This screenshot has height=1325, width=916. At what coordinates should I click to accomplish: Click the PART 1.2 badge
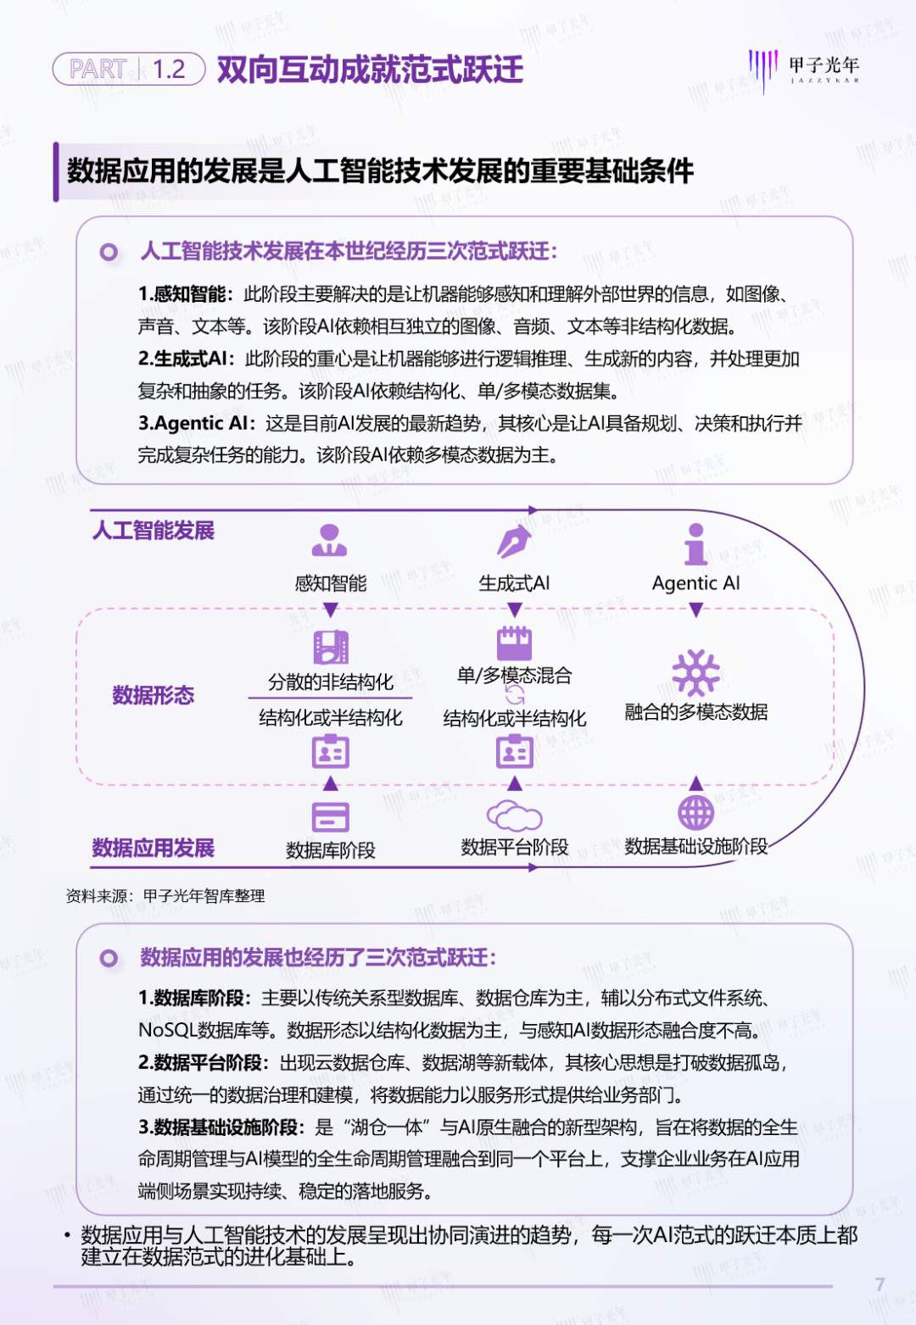129,69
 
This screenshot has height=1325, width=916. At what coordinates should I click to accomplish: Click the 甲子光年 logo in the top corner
803,70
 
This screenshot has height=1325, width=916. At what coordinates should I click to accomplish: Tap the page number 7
880,1284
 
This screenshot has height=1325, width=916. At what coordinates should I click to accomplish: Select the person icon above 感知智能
330,540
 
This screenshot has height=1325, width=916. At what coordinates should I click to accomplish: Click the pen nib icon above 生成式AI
514,541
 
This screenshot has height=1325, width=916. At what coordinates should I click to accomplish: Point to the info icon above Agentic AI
695,543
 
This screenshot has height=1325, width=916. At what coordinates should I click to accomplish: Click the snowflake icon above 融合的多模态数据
695,672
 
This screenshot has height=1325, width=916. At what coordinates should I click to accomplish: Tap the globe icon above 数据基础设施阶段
695,812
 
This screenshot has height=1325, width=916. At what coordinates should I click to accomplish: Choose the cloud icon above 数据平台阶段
514,816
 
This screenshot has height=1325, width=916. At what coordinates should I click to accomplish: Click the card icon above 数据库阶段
330,817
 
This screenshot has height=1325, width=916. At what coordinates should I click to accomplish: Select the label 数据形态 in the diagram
154,695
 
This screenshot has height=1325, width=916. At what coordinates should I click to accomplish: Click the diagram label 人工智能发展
154,530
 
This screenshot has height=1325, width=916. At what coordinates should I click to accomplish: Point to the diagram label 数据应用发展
154,848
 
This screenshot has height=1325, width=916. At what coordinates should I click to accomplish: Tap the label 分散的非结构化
330,682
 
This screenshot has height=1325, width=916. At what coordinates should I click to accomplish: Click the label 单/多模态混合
514,675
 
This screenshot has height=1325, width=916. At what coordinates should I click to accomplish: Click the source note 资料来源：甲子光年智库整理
165,896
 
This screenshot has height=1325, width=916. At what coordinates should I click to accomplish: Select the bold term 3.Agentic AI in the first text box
193,423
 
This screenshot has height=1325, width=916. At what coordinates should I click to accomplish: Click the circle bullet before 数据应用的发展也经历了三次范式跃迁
109,958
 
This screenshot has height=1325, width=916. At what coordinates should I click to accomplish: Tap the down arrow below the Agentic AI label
695,610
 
